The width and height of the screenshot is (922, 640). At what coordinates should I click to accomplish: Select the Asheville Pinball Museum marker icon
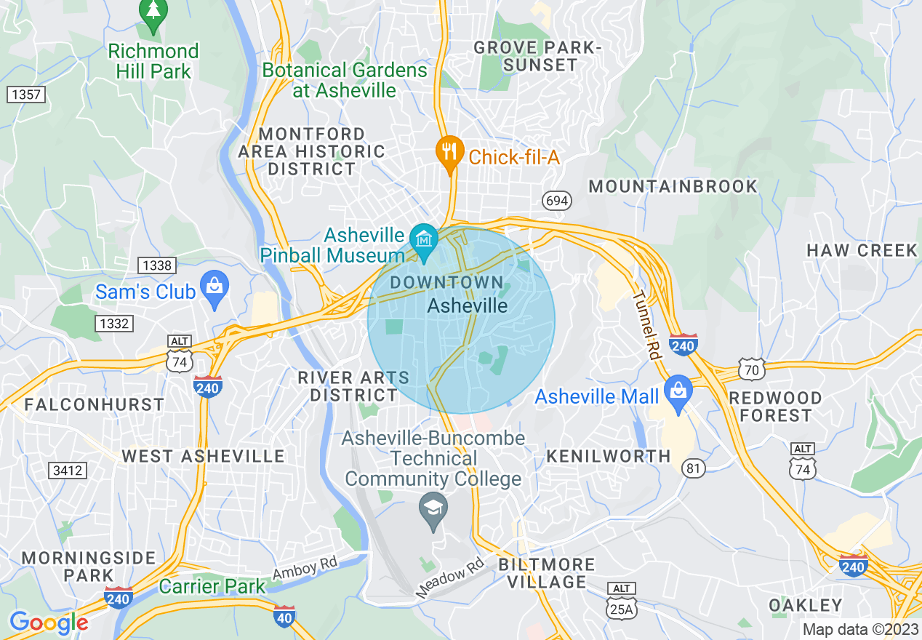423,239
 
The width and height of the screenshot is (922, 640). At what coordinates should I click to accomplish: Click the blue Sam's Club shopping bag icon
214,287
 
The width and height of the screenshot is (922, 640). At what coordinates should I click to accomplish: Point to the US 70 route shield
750,369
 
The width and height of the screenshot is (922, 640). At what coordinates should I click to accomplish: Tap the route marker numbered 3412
67,471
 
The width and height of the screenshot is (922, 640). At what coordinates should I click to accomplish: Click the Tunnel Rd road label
645,325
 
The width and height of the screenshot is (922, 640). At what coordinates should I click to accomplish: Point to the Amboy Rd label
305,568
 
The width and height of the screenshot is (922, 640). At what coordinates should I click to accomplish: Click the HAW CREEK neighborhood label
862,250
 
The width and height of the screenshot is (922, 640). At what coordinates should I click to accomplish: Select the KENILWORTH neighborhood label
608,456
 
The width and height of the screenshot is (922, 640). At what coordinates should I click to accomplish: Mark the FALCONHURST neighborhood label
95,404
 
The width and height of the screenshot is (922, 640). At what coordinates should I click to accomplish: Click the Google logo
48,623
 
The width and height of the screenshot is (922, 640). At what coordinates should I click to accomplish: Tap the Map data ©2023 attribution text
859,629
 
